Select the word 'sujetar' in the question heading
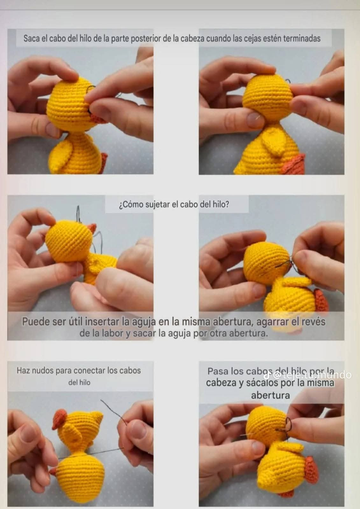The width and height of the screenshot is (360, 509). coord(158,204)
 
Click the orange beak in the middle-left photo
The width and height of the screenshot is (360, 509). coord(92,228)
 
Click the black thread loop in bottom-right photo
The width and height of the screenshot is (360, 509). coord(289,424)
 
